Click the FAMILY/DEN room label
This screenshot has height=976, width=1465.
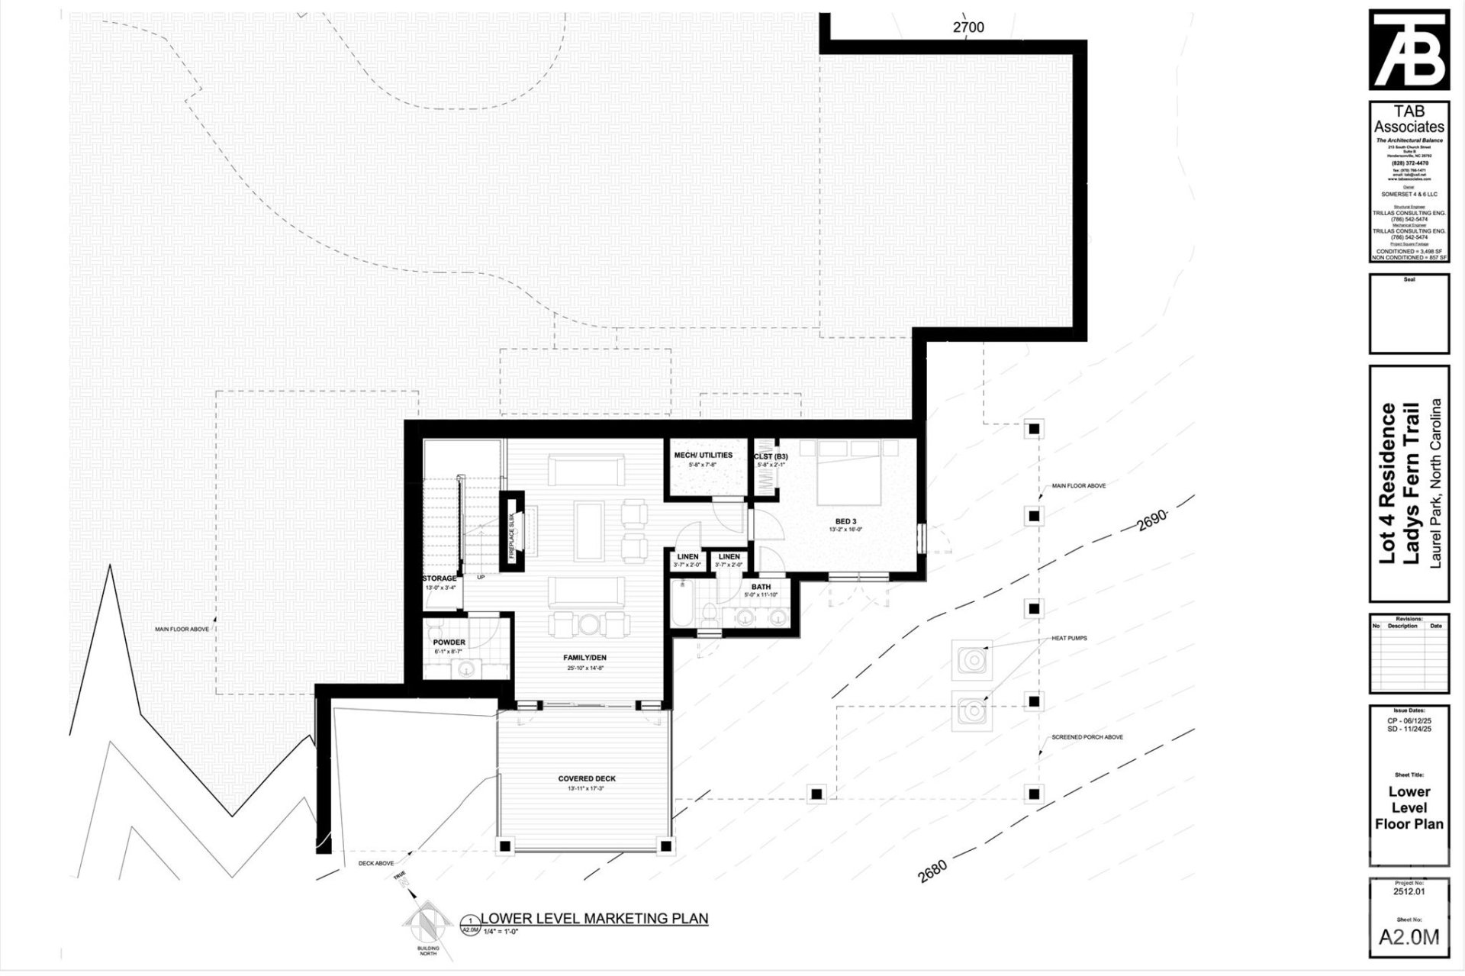584,657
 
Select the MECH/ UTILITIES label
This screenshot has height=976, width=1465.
703,455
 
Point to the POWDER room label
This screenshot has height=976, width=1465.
449,643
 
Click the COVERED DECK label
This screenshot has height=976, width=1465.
586,778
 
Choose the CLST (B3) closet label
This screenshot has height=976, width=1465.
771,456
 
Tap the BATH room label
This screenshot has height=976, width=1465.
760,587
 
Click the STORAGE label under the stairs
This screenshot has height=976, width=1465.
439,578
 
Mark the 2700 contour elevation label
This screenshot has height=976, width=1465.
968,27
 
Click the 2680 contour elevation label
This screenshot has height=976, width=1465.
932,871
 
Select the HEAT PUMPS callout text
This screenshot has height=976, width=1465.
1069,638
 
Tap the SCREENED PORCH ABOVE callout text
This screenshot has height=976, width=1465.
1087,737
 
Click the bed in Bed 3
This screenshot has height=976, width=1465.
849,472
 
